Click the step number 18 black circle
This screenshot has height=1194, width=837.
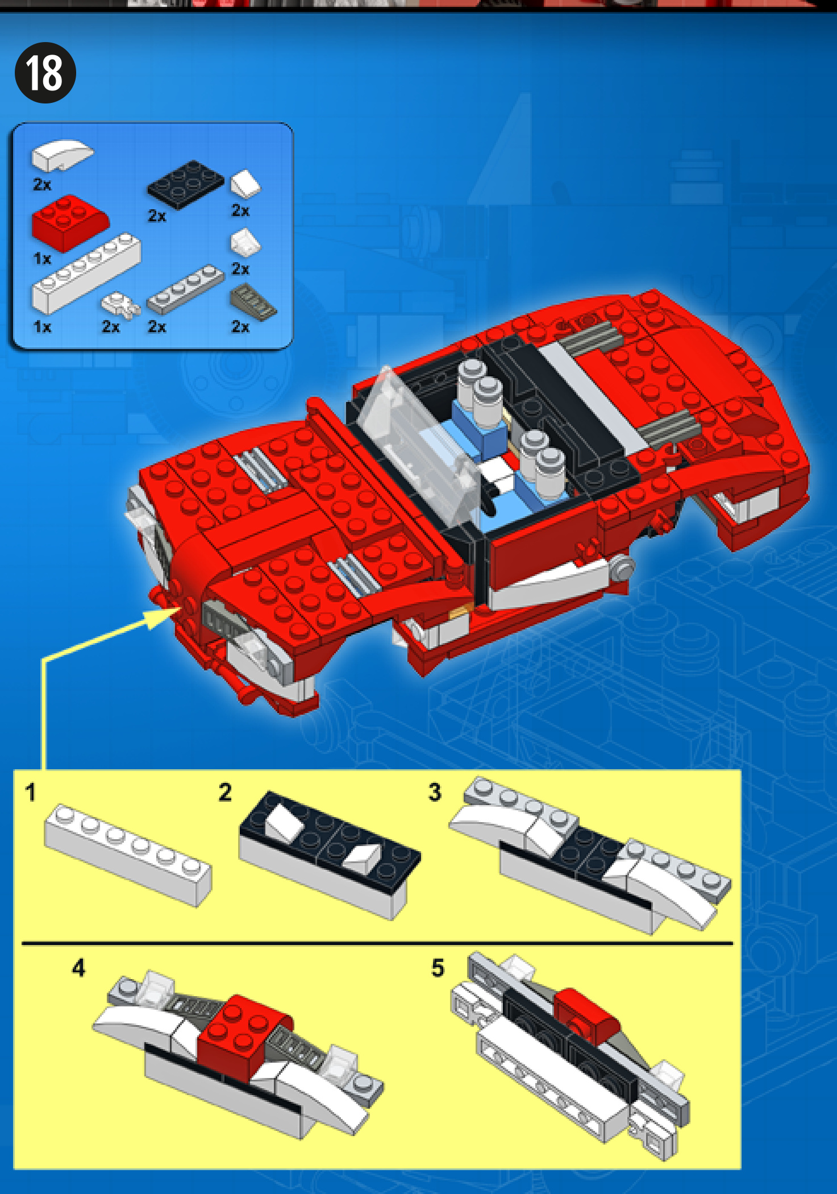tap(45, 73)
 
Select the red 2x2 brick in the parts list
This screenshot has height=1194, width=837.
tap(70, 223)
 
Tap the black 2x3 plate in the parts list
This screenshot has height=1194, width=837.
tap(186, 184)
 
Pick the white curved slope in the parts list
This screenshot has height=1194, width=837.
tap(62, 154)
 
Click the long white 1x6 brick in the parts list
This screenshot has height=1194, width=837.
tap(86, 273)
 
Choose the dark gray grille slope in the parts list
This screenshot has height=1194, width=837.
tap(253, 303)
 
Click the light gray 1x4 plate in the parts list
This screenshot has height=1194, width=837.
tap(186, 289)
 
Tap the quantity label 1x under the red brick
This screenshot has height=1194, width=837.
tap(42, 259)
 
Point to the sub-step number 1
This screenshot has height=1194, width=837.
tap(31, 792)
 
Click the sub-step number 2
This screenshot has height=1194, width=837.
tap(226, 792)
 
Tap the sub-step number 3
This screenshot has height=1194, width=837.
tap(435, 792)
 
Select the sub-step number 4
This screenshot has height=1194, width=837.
tap(79, 967)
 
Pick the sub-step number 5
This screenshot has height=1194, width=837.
tap(438, 968)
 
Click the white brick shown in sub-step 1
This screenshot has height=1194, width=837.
tap(128, 855)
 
